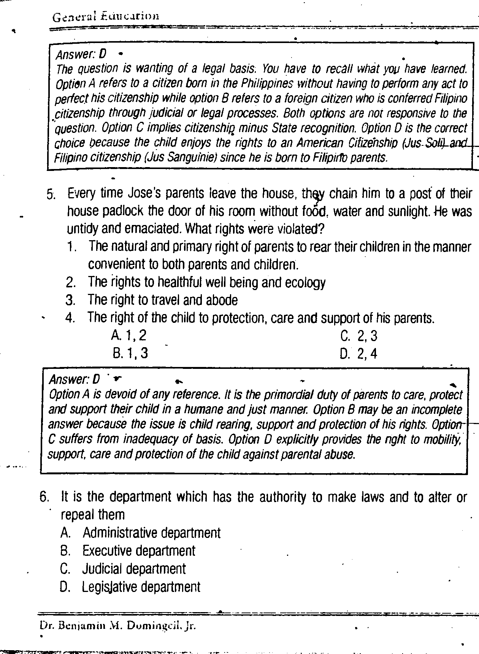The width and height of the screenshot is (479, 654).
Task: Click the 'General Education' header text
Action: pyautogui.click(x=105, y=16)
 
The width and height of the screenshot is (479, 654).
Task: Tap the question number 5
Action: pyautogui.click(x=51, y=194)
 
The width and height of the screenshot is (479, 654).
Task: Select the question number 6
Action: pyautogui.click(x=44, y=497)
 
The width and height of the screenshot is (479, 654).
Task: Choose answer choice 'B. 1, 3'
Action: pyautogui.click(x=130, y=353)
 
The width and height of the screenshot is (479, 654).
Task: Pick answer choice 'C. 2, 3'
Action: pyautogui.click(x=359, y=336)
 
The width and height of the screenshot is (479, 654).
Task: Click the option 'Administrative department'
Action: pyautogui.click(x=151, y=533)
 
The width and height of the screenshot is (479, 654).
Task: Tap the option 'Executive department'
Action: pyautogui.click(x=139, y=551)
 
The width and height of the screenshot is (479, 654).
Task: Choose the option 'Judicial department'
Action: pyautogui.click(x=134, y=569)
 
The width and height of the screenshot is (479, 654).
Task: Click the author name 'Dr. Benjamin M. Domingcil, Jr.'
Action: pyautogui.click(x=118, y=626)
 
